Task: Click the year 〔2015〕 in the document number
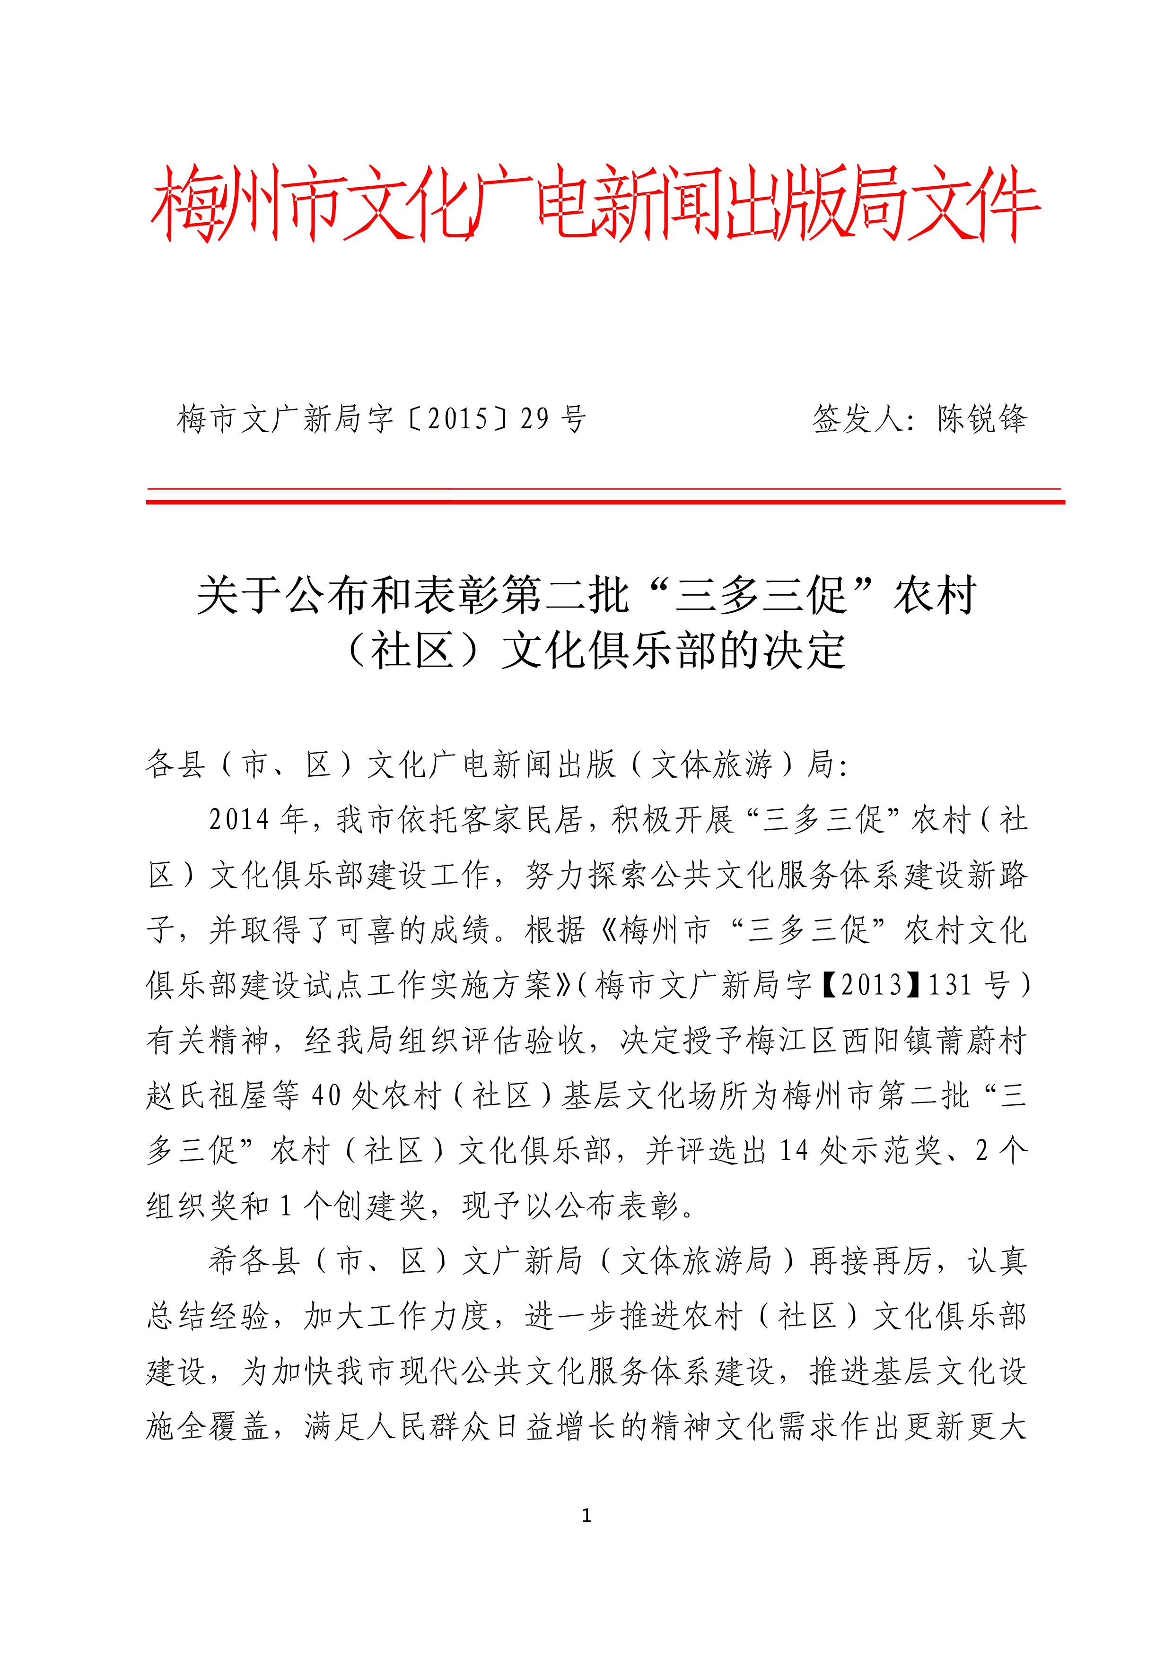459,419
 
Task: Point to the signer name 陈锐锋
982,419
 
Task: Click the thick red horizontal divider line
605,501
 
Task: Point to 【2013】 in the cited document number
872,985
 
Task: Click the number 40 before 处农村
326,1095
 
